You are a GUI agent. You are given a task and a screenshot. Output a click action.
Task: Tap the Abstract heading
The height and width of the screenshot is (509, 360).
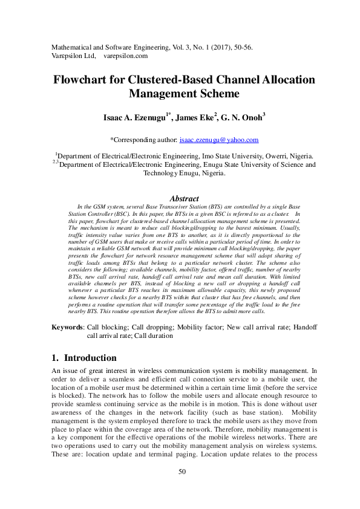click(x=184, y=198)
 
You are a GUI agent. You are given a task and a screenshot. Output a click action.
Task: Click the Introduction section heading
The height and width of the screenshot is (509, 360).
click(x=90, y=357)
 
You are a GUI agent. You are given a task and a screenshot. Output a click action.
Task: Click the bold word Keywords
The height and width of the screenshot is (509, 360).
click(x=67, y=326)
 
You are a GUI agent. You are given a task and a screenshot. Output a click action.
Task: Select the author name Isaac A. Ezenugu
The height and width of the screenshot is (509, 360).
click(x=133, y=118)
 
